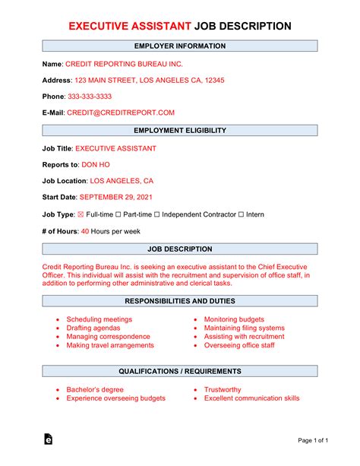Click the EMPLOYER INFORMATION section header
(x=180, y=46)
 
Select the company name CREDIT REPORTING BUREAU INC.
(x=123, y=64)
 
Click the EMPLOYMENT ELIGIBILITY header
(x=180, y=131)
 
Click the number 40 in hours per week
(x=85, y=231)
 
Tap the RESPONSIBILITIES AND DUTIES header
(x=180, y=301)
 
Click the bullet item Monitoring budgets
(x=234, y=319)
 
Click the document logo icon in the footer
(x=48, y=440)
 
